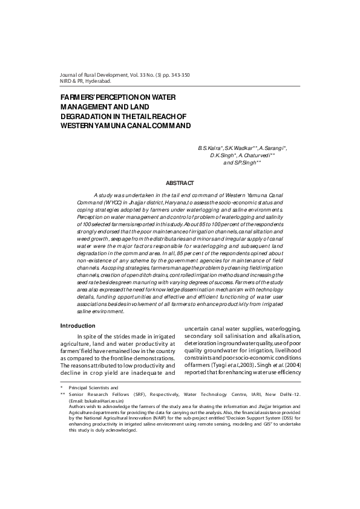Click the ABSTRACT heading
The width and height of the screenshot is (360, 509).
[x=180, y=183]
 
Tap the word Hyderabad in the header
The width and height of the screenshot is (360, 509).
[x=96, y=80]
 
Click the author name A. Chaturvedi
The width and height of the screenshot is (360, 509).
[x=259, y=155]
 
